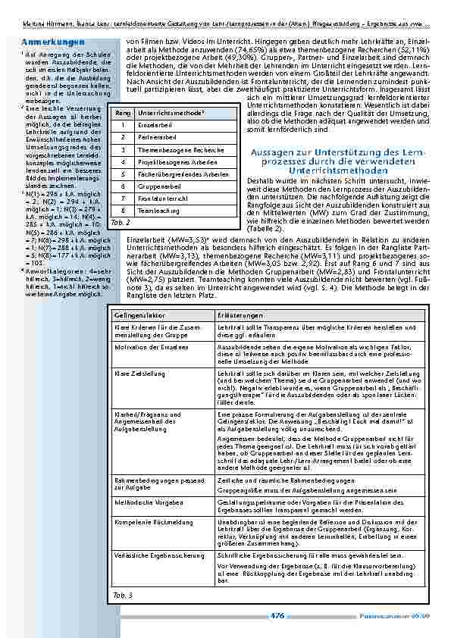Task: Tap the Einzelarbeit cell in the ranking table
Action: (154, 124)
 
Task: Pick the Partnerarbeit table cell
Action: (155, 136)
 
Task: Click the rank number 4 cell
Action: (121, 161)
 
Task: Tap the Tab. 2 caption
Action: (120, 223)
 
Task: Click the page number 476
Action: (277, 616)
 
